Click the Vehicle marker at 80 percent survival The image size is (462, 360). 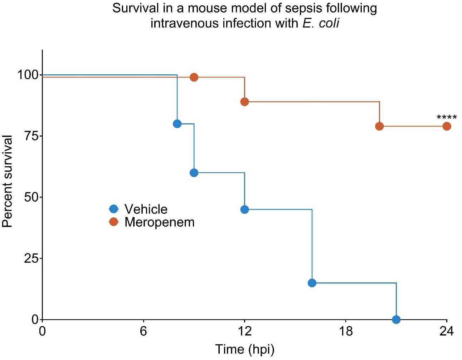177,124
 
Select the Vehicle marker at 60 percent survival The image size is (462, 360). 194,173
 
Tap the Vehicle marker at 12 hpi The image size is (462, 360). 244,209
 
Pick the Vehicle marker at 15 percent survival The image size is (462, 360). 312,283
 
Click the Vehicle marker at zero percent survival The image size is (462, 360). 396,319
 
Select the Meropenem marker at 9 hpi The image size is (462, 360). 194,77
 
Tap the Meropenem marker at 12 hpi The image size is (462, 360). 244,102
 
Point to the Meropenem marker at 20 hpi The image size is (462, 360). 379,126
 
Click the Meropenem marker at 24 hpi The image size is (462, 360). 447,126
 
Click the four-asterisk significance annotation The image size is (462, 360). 447,118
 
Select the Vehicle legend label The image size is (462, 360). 146,209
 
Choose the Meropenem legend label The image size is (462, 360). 159,222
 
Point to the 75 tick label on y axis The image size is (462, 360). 31,136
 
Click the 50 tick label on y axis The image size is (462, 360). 31,197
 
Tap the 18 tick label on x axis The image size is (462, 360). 346,331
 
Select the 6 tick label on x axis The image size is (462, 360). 144,331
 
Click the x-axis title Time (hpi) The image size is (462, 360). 245,349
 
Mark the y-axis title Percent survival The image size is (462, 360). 8,181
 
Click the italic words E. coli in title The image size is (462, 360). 321,23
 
